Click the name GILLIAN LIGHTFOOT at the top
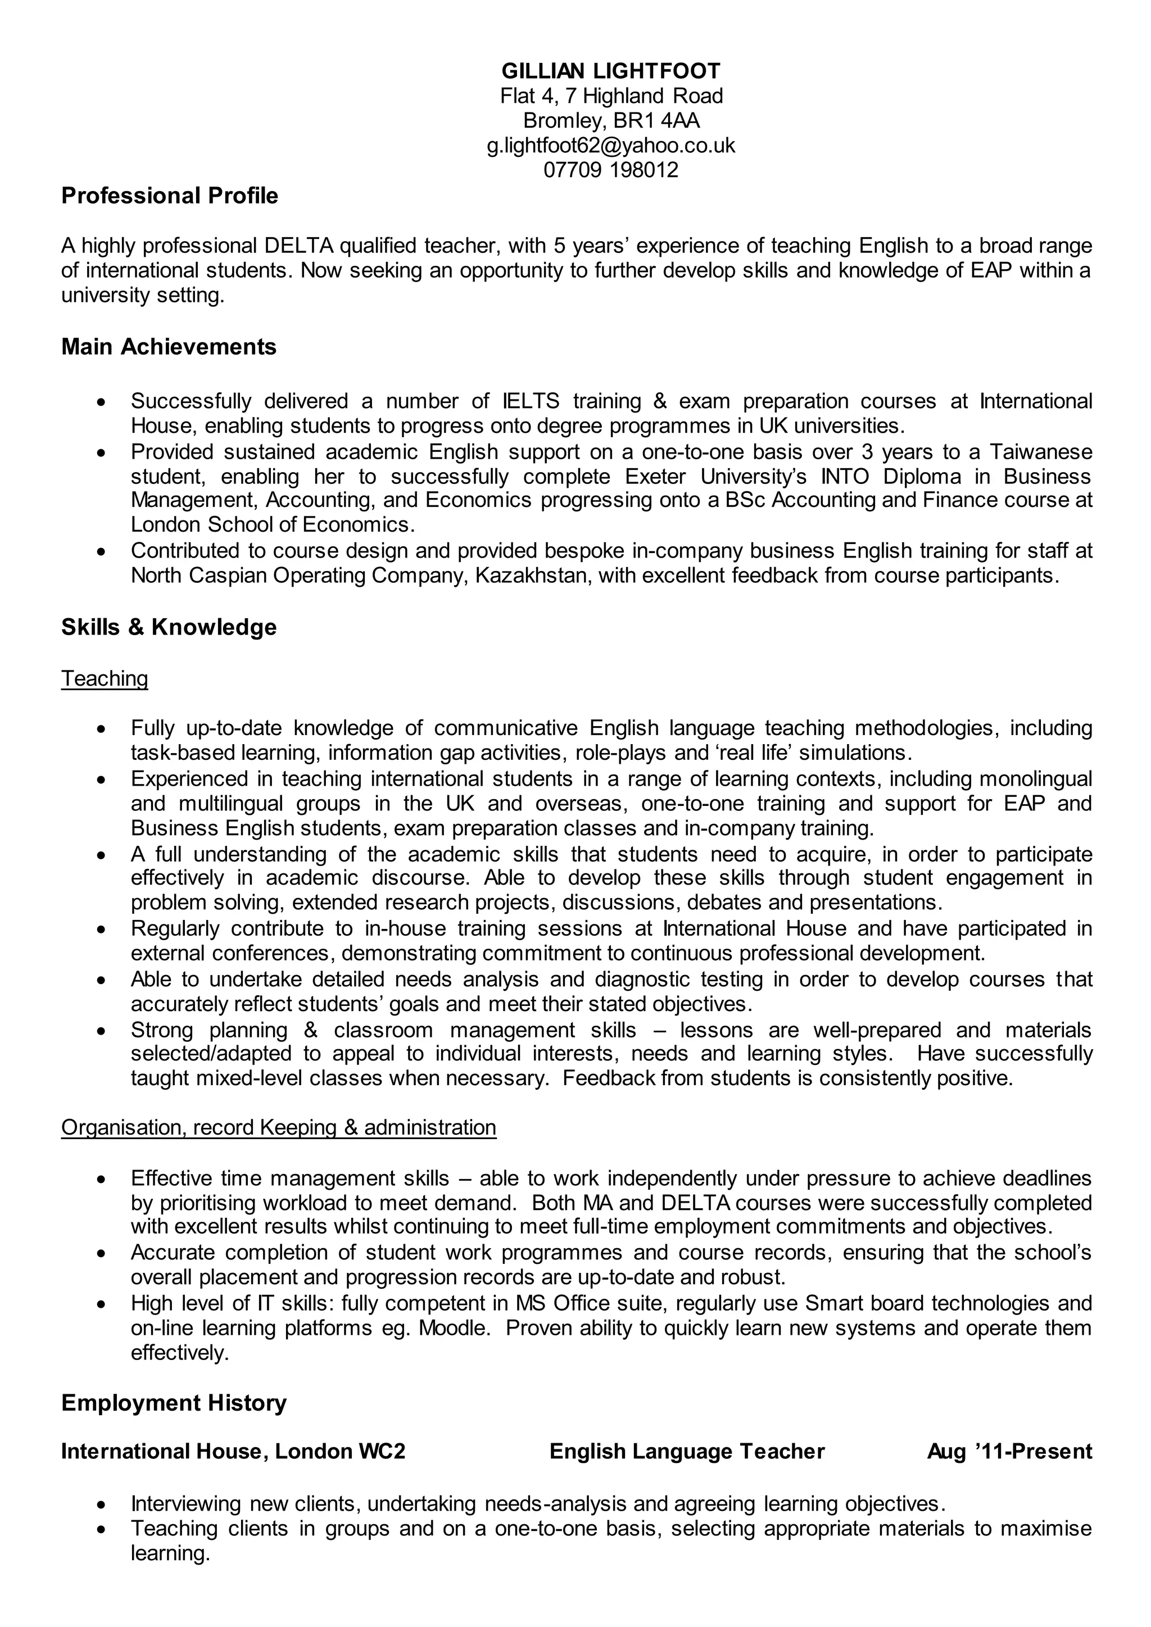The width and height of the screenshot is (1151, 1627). point(610,71)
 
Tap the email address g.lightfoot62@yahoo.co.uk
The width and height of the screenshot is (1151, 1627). point(610,145)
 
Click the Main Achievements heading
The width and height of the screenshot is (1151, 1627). point(169,347)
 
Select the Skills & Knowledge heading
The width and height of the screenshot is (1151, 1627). point(169,627)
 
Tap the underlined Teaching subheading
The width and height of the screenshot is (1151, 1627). point(105,678)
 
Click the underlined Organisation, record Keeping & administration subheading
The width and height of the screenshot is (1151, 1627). point(279,1127)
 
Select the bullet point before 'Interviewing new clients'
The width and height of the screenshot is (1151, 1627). point(103,1504)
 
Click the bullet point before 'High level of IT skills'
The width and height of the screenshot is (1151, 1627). point(103,1303)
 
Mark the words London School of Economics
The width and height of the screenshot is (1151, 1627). point(272,524)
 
